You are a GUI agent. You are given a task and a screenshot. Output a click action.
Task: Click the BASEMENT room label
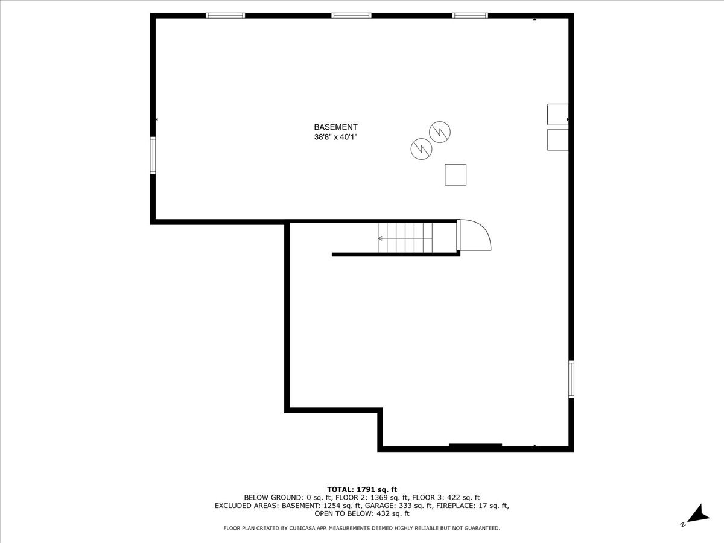335,127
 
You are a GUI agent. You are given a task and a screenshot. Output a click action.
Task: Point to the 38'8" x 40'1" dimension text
335,137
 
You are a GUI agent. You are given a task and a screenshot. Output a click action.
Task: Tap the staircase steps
405,238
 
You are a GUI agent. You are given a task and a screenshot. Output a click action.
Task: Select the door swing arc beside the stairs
477,235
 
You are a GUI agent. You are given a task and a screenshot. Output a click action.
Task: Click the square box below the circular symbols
456,174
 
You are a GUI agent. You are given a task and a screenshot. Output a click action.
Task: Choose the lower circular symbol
421,147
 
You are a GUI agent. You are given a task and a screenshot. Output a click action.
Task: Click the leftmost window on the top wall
225,16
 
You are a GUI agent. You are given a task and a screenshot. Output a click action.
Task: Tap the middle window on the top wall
351,16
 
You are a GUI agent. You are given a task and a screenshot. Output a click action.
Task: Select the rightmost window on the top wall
470,16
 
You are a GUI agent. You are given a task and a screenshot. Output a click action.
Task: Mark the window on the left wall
153,156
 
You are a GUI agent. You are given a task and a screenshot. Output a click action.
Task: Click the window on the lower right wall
571,379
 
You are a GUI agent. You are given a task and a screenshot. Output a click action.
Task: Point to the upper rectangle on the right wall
557,113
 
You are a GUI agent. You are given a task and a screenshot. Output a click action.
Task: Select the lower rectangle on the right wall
557,139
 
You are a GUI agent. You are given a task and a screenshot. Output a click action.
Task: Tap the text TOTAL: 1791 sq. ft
362,489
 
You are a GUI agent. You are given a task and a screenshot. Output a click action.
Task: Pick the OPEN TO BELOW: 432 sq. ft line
362,514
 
